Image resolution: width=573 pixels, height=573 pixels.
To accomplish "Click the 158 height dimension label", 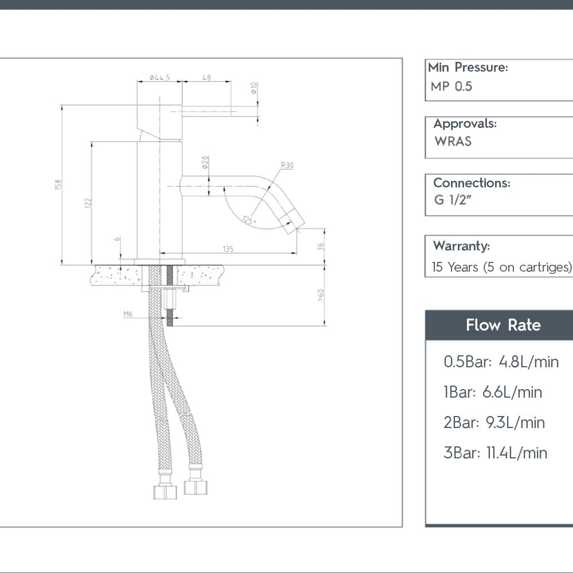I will click(x=58, y=185).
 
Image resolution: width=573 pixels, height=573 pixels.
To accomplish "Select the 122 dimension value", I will click(x=88, y=203).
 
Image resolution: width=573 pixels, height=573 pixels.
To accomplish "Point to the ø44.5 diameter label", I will click(x=159, y=77).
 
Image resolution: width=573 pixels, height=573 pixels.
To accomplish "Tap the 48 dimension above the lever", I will click(x=206, y=77).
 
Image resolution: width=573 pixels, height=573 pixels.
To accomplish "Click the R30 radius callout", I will click(x=287, y=166).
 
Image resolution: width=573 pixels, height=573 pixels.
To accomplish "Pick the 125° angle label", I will click(x=249, y=220).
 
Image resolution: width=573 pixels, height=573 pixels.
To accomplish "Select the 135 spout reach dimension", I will click(x=228, y=249).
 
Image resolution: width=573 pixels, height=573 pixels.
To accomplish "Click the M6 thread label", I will click(x=128, y=314).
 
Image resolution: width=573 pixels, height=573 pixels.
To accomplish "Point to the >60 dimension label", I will click(x=321, y=295).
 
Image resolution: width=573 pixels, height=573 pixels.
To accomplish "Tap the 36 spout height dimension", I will click(x=321, y=246).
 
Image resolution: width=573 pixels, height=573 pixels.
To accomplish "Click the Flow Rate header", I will click(x=503, y=325).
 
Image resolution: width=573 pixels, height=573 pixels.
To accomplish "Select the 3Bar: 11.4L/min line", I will click(x=495, y=453).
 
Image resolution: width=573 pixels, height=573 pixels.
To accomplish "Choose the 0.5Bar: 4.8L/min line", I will click(x=501, y=362).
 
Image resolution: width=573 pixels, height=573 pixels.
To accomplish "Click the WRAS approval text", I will click(x=453, y=142).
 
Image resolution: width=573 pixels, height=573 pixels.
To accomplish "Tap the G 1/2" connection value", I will click(x=452, y=200).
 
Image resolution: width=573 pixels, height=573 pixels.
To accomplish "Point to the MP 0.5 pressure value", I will click(x=452, y=87).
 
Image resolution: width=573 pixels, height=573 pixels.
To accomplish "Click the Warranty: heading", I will click(x=461, y=246).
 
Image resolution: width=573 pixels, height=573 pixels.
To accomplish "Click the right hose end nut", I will click(x=195, y=487).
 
